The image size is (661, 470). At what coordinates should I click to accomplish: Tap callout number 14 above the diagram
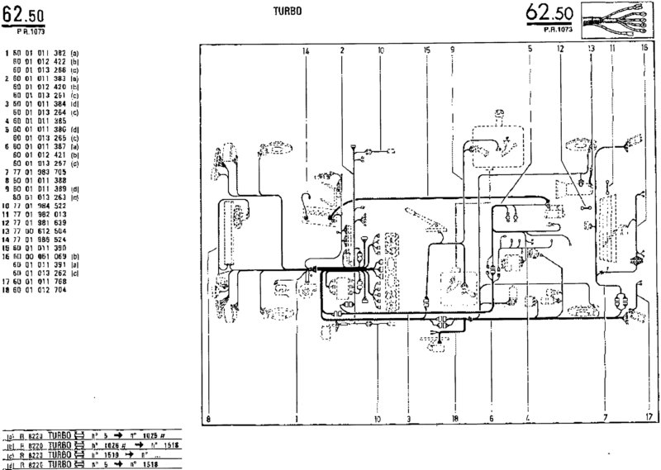click(x=306, y=51)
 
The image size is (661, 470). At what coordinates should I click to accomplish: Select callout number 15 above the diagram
click(x=426, y=51)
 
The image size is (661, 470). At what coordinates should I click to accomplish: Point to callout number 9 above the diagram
click(x=453, y=51)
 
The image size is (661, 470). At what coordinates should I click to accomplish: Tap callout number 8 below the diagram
click(x=209, y=419)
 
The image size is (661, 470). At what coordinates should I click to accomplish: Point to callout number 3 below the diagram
click(x=407, y=419)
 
